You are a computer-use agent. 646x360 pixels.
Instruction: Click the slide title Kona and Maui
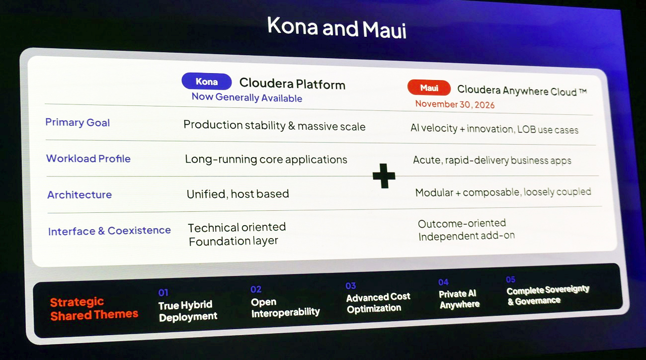(336, 28)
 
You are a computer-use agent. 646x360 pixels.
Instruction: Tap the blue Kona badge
(207, 82)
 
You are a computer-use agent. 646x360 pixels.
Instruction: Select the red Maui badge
(429, 88)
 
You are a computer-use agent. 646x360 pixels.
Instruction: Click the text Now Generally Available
(247, 97)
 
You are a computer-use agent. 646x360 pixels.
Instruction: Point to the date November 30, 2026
(455, 104)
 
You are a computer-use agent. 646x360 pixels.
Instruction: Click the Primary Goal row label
(78, 123)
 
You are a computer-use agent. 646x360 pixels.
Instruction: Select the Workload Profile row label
(88, 159)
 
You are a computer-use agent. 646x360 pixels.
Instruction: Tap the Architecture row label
(80, 195)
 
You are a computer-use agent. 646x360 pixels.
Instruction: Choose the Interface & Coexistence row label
(109, 231)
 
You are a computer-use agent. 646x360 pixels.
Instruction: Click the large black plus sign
(384, 176)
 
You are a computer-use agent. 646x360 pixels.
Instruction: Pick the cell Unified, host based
(238, 194)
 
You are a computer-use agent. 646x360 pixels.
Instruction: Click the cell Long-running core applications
(266, 160)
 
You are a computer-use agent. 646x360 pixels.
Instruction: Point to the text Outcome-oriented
(462, 223)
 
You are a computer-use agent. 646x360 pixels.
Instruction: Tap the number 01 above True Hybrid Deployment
(163, 293)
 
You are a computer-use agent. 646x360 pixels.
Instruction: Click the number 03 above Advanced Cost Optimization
(351, 286)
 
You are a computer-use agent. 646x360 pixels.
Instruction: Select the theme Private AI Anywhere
(459, 299)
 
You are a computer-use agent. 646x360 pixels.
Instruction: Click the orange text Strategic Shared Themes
(94, 309)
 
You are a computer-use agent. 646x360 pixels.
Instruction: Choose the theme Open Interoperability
(285, 307)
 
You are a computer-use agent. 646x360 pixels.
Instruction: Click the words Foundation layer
(234, 241)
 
